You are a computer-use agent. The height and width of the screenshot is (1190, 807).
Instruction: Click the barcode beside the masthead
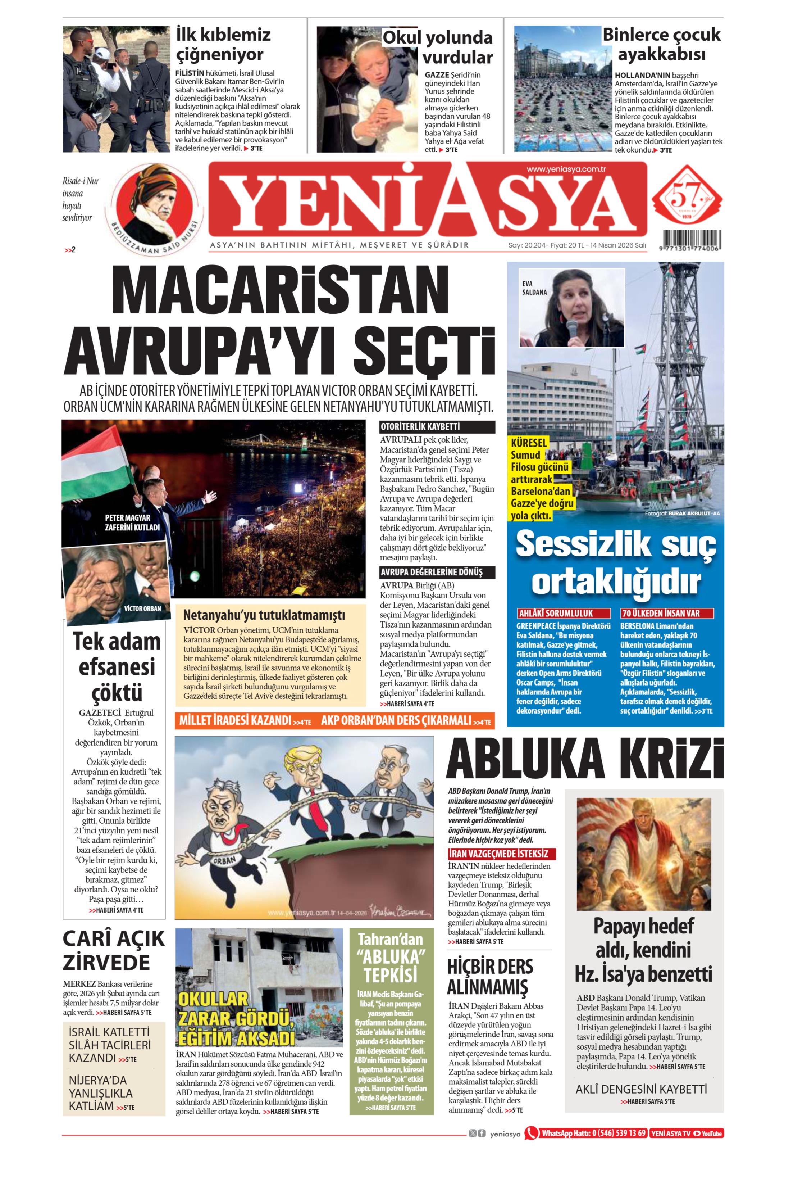(x=691, y=240)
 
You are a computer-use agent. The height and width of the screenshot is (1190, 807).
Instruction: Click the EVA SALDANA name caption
(x=534, y=288)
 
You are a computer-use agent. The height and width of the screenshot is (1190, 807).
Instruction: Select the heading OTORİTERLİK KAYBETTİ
(x=420, y=426)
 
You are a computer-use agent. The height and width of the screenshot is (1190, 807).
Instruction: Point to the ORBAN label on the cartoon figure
(x=224, y=860)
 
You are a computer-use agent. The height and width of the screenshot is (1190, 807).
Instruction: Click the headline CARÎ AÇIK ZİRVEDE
(x=114, y=950)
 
